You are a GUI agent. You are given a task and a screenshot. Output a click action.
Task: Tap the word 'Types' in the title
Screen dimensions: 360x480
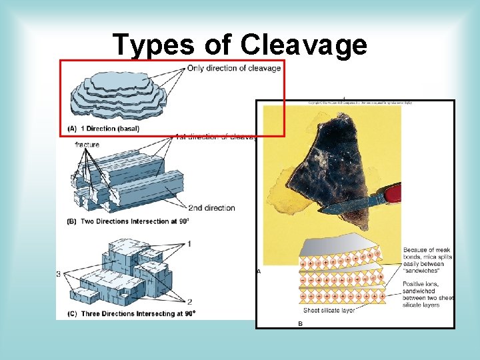pyautogui.click(x=153, y=45)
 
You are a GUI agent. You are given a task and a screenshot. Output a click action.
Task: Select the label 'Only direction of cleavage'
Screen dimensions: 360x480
pyautogui.click(x=234, y=68)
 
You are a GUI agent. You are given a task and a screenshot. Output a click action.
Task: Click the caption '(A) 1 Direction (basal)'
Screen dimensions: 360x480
pyautogui.click(x=103, y=128)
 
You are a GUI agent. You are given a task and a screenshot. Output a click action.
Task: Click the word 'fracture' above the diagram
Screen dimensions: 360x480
pyautogui.click(x=87, y=145)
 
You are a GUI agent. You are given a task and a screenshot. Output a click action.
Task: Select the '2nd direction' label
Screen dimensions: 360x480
pyautogui.click(x=211, y=208)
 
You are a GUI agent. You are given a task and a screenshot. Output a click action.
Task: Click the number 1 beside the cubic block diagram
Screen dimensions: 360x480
pyautogui.click(x=189, y=244)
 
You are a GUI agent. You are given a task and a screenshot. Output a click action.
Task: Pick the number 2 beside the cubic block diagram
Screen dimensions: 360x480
pyautogui.click(x=189, y=302)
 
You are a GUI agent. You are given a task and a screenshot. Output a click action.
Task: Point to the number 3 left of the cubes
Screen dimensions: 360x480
pyautogui.click(x=59, y=274)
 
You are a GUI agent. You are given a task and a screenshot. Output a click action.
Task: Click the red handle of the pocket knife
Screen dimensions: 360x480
pyautogui.click(x=394, y=193)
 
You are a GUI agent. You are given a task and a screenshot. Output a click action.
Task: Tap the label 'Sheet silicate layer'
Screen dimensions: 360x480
pyautogui.click(x=329, y=311)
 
